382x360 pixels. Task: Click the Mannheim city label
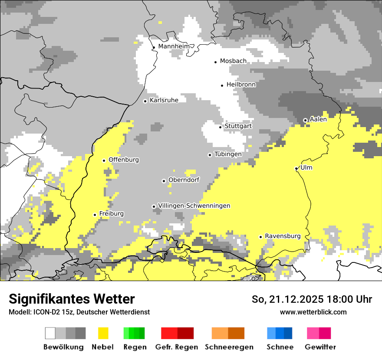174,46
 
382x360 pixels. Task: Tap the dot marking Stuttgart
221,127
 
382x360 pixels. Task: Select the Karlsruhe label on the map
164,100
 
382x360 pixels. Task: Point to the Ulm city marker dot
296,169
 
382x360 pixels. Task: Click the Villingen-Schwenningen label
194,206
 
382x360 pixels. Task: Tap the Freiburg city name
111,214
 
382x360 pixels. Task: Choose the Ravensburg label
283,236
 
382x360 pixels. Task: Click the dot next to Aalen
305,120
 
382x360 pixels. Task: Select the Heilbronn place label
241,85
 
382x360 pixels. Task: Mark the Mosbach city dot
216,62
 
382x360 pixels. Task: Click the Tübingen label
228,154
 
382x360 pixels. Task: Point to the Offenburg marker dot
104,160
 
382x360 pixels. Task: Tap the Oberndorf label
184,180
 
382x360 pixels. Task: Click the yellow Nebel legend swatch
103,333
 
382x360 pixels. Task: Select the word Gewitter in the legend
320,347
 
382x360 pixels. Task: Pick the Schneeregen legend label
229,347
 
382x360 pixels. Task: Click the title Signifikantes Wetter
72,299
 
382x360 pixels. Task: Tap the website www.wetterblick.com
313,312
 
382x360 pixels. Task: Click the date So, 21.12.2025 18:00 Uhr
312,299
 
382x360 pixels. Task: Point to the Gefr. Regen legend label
177,347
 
